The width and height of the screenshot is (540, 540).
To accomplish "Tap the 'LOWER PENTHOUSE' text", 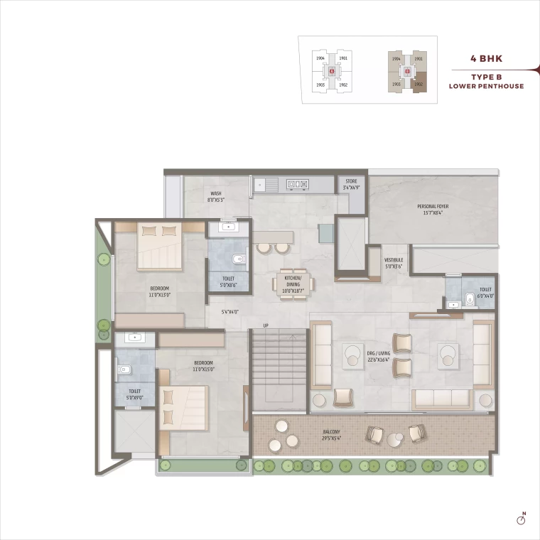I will point(486,86).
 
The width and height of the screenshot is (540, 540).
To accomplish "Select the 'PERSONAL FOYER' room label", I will point(433,209).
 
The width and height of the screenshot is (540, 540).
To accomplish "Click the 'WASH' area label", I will point(215,196).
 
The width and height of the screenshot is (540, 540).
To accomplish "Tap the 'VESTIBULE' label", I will point(393,263).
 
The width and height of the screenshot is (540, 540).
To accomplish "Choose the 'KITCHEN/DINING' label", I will point(293,283).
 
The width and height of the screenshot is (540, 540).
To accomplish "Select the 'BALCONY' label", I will point(330,435).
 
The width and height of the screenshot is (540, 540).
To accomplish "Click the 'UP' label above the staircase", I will point(265,325).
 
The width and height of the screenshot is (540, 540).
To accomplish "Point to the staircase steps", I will point(278,359).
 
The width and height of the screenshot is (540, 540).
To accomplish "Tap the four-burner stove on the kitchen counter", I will point(297,185).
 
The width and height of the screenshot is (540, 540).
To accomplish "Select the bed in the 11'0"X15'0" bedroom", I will point(183,408).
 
